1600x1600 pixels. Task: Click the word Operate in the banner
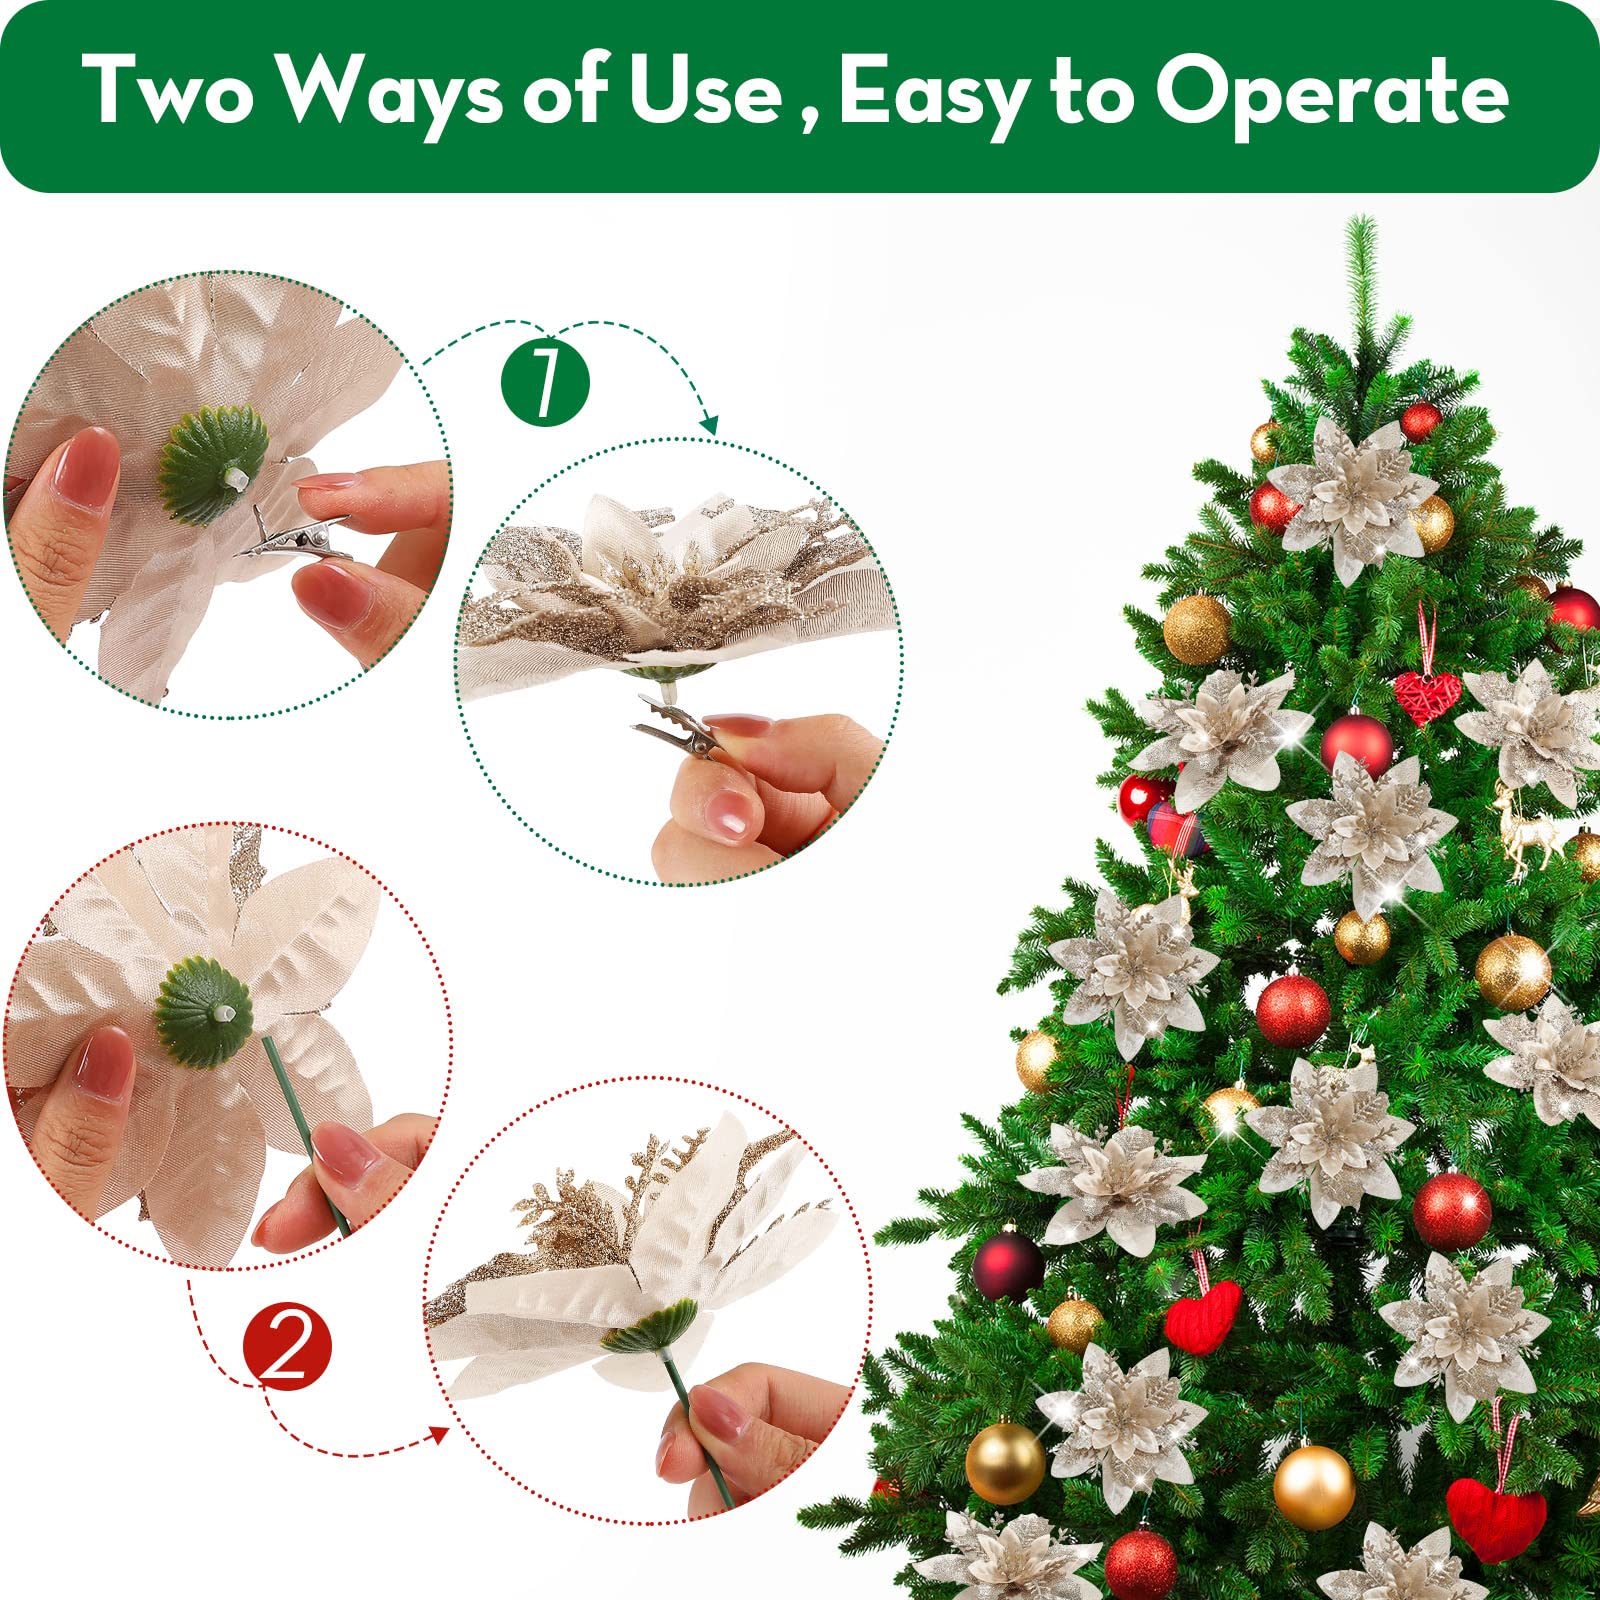pos(1331,92)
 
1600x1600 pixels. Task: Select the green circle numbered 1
pos(545,383)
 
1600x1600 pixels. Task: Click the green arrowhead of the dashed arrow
pos(709,425)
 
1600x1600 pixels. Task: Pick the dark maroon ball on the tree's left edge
pos(1007,1265)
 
